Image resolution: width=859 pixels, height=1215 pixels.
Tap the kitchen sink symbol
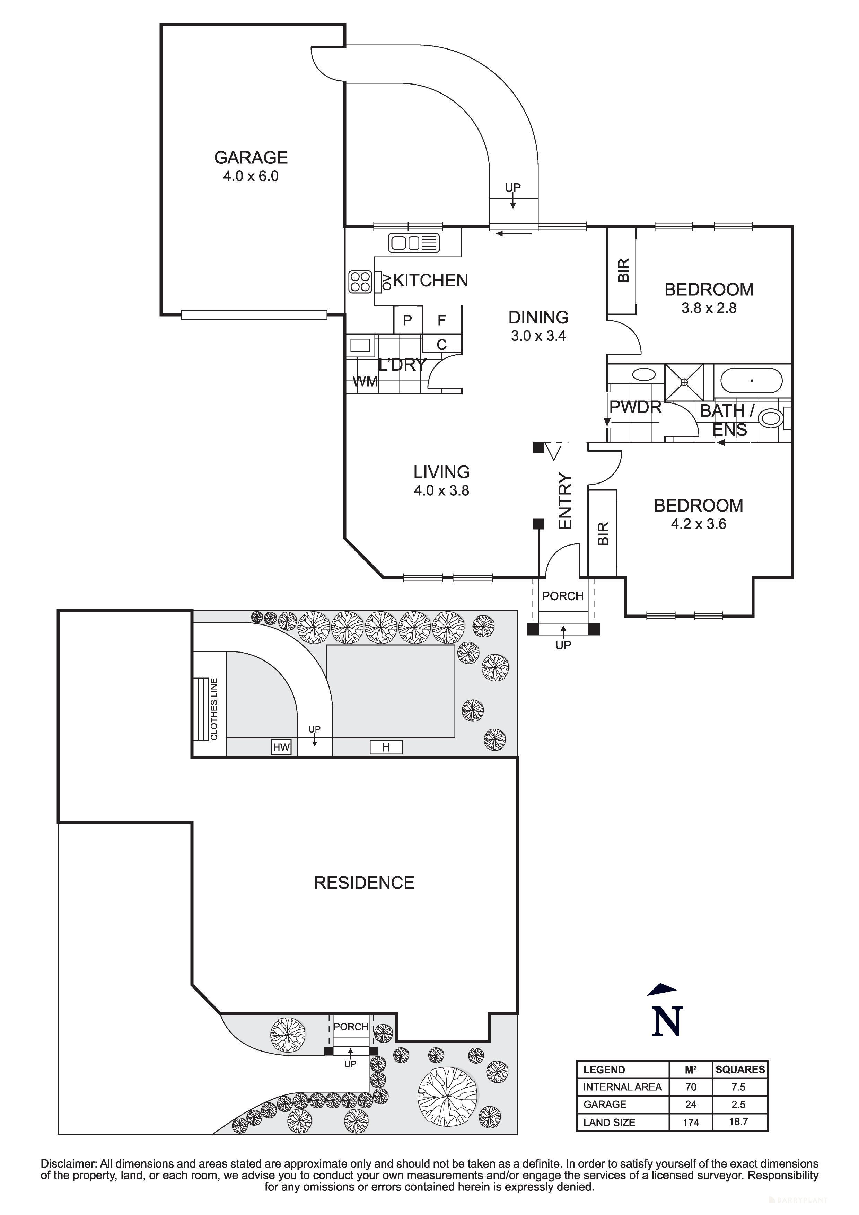(414, 243)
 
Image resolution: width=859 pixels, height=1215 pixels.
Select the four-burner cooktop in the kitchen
(360, 282)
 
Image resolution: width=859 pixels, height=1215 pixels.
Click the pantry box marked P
(407, 320)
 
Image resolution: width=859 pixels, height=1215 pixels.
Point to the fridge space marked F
(441, 320)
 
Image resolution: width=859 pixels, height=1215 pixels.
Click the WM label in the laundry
(365, 381)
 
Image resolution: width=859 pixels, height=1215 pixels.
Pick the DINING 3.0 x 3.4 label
(538, 326)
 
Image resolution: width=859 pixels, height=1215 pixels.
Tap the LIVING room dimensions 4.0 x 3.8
(441, 490)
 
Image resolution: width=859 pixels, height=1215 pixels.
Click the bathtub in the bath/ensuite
(751, 381)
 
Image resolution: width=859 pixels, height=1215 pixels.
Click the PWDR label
(635, 407)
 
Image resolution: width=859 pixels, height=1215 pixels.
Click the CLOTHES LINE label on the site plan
(214, 709)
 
